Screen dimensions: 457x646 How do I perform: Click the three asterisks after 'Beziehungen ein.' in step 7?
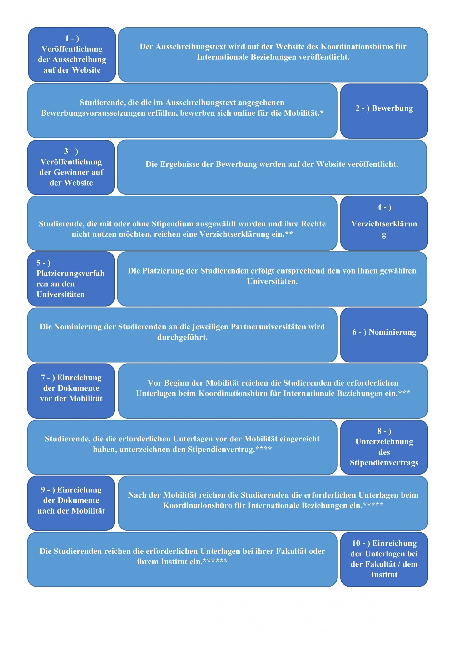click(x=404, y=392)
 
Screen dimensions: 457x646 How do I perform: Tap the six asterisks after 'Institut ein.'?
click(x=215, y=560)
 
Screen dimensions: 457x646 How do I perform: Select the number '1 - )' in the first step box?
click(x=72, y=38)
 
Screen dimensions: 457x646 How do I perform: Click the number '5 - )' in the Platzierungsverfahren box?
click(x=43, y=263)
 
